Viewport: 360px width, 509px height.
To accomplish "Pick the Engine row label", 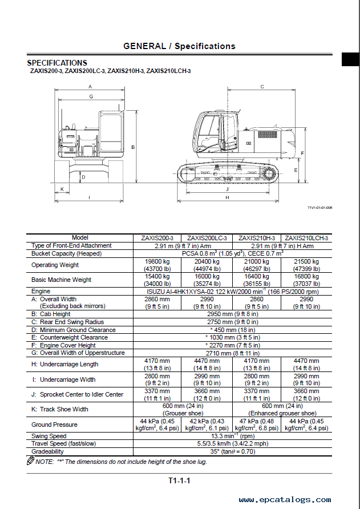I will [x=41, y=291].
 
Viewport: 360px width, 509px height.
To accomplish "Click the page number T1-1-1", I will [x=179, y=480].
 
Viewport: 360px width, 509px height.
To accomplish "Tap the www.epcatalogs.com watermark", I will [x=297, y=500].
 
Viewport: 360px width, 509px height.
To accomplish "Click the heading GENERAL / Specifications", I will [x=179, y=46].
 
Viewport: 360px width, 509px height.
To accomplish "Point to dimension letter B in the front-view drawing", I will [x=133, y=147].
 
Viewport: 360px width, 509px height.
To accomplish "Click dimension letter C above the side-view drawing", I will [x=262, y=87].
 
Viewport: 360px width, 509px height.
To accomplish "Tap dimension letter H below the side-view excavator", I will [x=227, y=197].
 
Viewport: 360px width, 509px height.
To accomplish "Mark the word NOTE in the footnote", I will [x=44, y=461].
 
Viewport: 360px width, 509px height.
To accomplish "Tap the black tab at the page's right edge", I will [x=350, y=59].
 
